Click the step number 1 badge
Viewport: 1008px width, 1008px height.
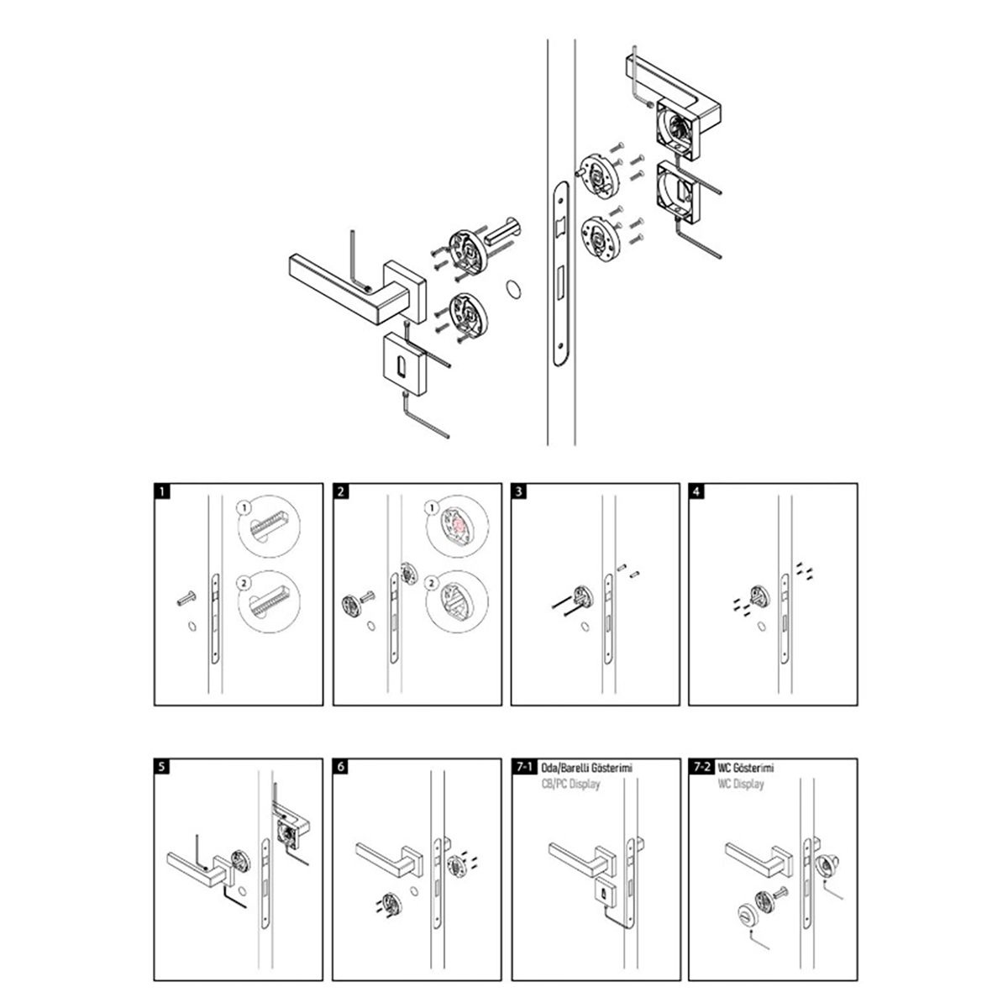[x=162, y=491]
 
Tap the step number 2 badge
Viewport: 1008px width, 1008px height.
[x=340, y=491]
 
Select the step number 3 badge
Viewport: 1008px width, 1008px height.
[x=518, y=491]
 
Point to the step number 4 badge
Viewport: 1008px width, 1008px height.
[x=696, y=491]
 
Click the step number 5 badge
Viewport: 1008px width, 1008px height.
[x=162, y=766]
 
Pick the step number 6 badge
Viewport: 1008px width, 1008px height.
[x=340, y=766]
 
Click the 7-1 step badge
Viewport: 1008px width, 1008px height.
[x=524, y=766]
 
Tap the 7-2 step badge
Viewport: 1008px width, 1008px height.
[x=701, y=766]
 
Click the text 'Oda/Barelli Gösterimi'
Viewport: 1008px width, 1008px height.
[x=586, y=768]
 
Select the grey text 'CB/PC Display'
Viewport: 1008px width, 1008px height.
[x=570, y=784]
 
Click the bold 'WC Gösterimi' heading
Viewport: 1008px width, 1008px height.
[x=745, y=768]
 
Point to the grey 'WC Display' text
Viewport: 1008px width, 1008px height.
[x=741, y=784]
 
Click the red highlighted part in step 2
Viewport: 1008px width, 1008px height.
[x=458, y=525]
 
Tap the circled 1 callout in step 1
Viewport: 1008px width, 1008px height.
[x=244, y=507]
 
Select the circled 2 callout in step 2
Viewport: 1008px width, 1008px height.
[x=432, y=583]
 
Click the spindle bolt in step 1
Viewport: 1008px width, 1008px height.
[x=186, y=598]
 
